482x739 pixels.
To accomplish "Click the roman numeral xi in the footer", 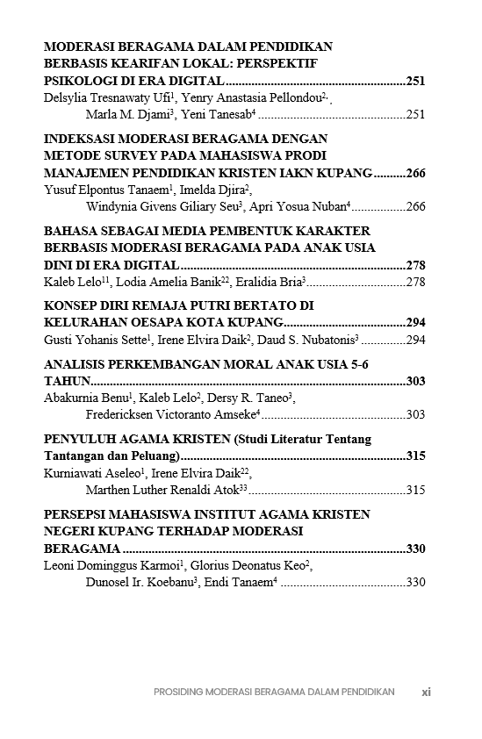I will tap(426, 692).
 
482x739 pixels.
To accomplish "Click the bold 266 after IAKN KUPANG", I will tap(415, 173).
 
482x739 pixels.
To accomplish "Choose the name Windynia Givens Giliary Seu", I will tap(160, 206).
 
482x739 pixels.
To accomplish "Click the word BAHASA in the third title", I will tap(69, 231).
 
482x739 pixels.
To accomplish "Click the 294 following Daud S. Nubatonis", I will tap(415, 340).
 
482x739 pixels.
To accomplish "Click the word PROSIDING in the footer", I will tap(177, 692).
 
